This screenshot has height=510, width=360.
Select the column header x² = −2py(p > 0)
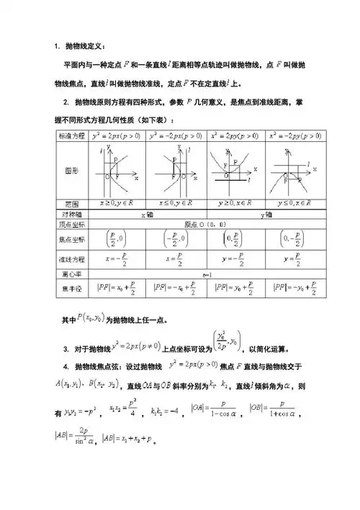[x=294, y=135]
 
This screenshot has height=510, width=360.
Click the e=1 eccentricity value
[x=206, y=274]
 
